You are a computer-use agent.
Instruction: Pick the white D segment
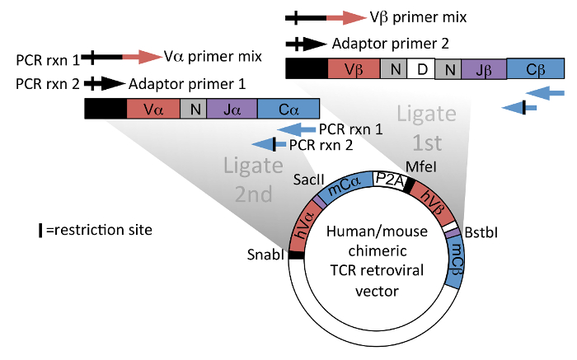[x=421, y=68]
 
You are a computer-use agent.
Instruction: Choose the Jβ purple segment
[x=484, y=68]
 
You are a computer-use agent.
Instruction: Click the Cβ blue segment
[x=536, y=68]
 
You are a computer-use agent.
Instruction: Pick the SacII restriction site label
[x=311, y=177]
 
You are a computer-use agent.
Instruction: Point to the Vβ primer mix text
[x=420, y=16]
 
